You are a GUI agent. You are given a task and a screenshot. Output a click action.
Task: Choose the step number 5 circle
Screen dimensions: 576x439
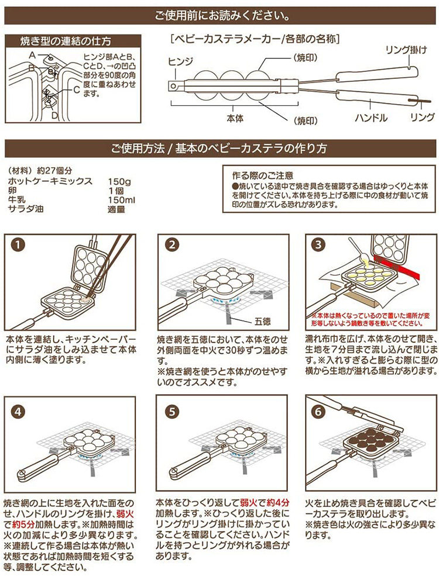tap(171, 411)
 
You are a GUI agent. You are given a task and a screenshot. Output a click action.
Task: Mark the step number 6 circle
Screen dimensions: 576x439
tap(318, 411)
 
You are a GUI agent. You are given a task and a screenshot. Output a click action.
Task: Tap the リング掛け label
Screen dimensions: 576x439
tap(404, 50)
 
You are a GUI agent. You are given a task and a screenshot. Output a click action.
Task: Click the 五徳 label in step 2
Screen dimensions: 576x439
tap(263, 321)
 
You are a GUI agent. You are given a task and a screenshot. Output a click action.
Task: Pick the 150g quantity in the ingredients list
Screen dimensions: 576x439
tap(119, 181)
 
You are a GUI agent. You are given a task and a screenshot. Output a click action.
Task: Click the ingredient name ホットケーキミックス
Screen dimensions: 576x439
tap(52, 181)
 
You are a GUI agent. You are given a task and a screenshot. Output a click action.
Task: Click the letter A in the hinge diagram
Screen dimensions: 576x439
tap(33, 54)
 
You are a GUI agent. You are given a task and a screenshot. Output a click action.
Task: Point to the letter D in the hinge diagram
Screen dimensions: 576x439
tap(54, 115)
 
